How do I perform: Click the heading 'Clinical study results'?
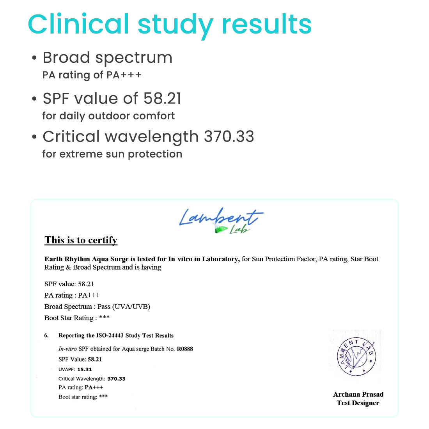[x=170, y=24]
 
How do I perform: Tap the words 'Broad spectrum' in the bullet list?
[x=107, y=58]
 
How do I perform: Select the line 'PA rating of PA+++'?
[x=92, y=75]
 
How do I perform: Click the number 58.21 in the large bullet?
[x=162, y=99]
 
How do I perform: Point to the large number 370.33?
[x=229, y=137]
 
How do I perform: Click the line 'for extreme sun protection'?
[x=112, y=154]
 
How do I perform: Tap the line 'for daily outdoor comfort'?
[x=108, y=116]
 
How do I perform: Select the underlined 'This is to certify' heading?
[x=81, y=240]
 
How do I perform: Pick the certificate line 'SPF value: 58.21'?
[x=69, y=284]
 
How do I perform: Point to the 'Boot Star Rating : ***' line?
[x=77, y=318]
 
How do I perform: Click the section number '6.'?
[x=46, y=335]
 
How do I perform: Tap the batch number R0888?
[x=185, y=349]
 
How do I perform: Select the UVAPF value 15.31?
[x=85, y=369]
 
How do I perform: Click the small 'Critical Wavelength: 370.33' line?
[x=92, y=379]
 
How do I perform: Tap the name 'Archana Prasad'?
[x=358, y=394]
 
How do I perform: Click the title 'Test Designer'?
[x=358, y=403]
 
